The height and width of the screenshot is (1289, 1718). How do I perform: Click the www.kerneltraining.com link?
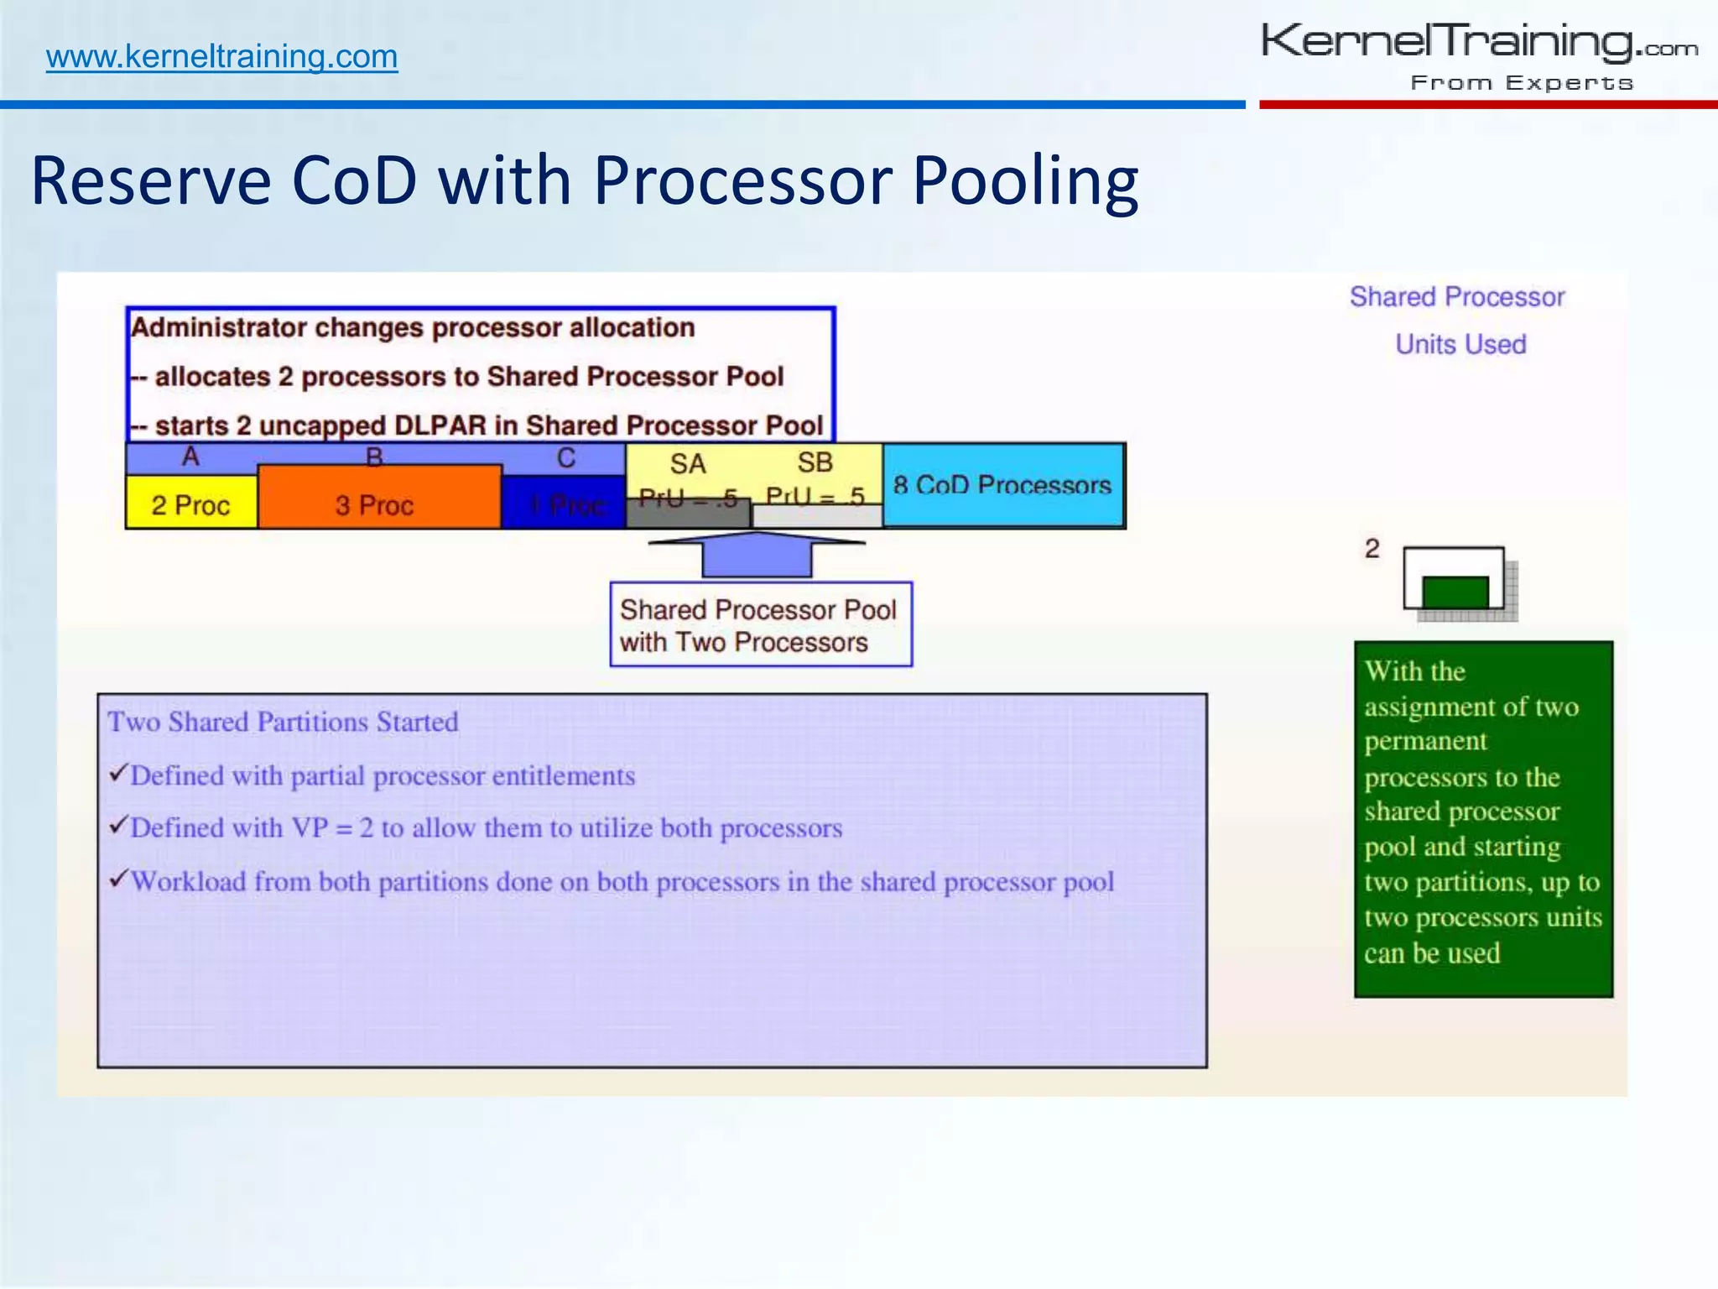click(221, 57)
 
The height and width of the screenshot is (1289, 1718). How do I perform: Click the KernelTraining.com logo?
click(1479, 55)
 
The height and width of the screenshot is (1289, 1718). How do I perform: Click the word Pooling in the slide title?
click(1024, 180)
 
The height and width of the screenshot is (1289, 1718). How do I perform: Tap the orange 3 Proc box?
click(375, 504)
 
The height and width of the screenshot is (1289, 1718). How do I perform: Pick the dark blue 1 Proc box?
click(564, 504)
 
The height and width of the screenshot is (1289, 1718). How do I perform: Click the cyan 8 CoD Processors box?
click(1002, 485)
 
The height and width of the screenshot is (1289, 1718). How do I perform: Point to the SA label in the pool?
click(687, 464)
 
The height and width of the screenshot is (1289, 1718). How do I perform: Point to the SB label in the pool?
click(815, 462)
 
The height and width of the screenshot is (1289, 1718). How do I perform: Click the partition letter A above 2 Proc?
click(190, 457)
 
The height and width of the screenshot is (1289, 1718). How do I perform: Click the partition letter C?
click(566, 458)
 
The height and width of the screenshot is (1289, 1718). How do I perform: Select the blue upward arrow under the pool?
click(757, 556)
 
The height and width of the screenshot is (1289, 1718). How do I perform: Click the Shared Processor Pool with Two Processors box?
click(760, 625)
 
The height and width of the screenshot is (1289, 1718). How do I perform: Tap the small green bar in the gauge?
click(1455, 592)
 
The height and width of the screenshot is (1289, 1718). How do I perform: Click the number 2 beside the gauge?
click(1372, 549)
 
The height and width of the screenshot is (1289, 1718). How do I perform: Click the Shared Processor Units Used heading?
click(1458, 321)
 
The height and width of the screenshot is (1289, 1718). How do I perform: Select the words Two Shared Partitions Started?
click(283, 722)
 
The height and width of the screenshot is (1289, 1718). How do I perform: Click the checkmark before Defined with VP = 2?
click(118, 826)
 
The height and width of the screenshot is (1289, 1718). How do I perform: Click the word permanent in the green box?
click(1425, 742)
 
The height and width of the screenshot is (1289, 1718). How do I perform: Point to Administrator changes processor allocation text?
click(413, 327)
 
